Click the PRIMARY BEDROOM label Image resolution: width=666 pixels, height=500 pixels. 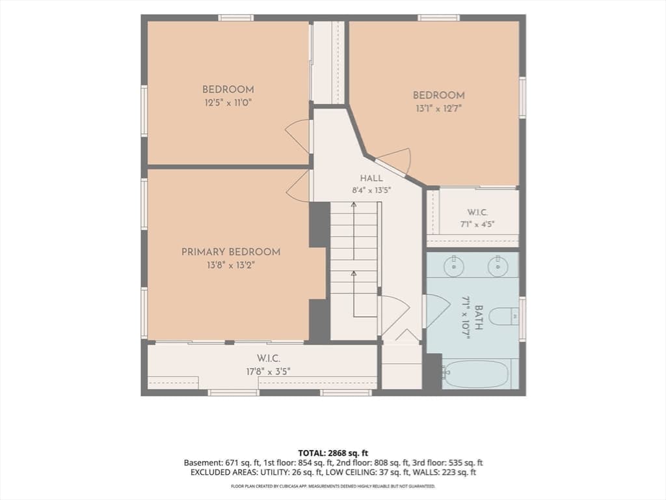pos(231,252)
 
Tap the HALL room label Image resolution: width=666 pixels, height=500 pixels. pos(371,178)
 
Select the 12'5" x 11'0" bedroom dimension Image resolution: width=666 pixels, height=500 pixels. pos(228,103)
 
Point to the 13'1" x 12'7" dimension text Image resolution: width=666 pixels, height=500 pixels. pos(439,109)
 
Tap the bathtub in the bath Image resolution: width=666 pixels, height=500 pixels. pos(475,374)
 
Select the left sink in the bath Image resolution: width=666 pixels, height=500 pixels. pos(453,266)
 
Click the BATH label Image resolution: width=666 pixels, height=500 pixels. pos(478,317)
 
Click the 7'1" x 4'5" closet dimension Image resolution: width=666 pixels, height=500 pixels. pos(477,224)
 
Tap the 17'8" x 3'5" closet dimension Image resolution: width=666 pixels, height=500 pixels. pos(269,372)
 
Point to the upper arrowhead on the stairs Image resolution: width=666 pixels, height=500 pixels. pos(353,205)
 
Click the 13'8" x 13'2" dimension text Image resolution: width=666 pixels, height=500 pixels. pos(231,266)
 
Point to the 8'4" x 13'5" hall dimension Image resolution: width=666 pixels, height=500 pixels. pos(371,191)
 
